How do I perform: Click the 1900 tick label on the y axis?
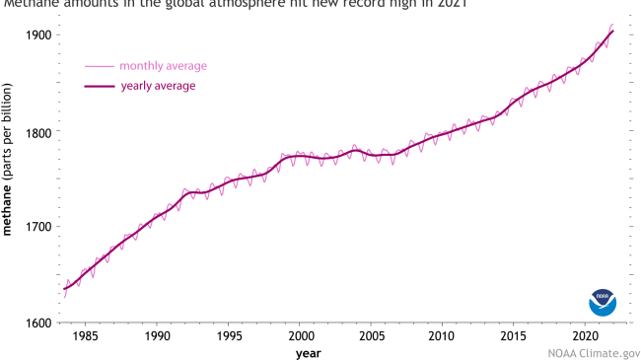pos(39,36)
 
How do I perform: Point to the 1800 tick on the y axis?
pos(39,131)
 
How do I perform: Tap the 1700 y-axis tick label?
pos(39,227)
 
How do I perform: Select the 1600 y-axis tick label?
pos(39,323)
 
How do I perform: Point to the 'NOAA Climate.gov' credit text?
pos(593,350)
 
